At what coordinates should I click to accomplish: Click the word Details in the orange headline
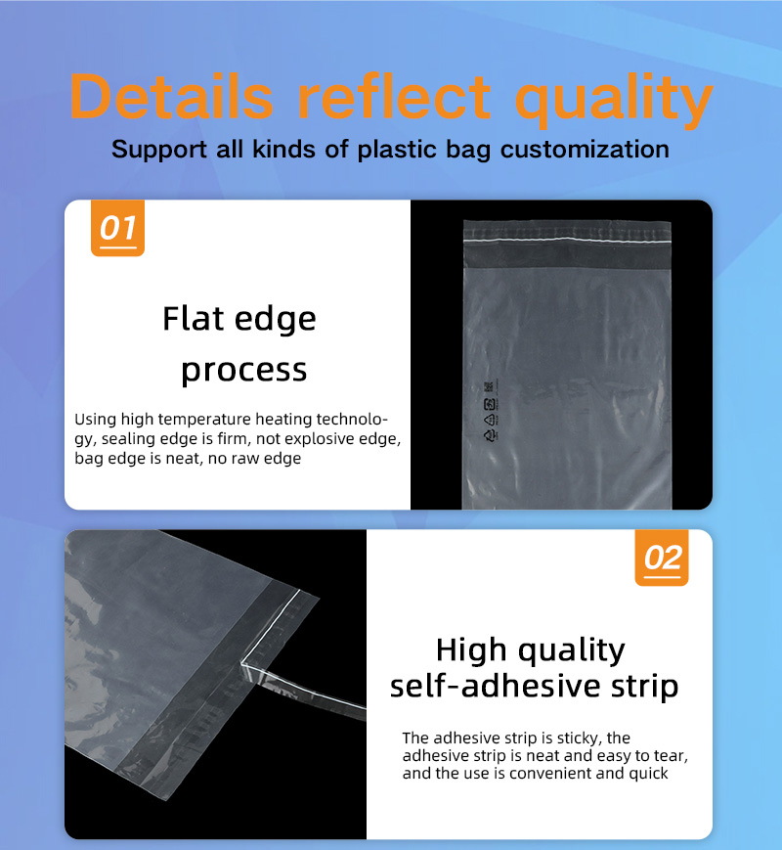(x=171, y=98)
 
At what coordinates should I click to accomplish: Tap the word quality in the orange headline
(x=614, y=102)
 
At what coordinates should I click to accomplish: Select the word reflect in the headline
(x=394, y=98)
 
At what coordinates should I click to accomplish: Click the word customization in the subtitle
(x=585, y=150)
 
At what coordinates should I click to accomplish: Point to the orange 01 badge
(x=117, y=228)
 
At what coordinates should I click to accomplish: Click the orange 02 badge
(x=662, y=558)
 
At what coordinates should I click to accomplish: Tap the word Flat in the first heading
(x=193, y=318)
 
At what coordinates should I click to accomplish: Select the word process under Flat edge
(x=243, y=372)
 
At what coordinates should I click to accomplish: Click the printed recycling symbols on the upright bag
(x=490, y=412)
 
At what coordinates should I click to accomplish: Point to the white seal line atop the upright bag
(x=567, y=239)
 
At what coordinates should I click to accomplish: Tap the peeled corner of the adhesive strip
(x=242, y=662)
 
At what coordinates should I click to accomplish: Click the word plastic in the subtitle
(x=397, y=150)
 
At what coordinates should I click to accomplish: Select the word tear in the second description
(x=671, y=756)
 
